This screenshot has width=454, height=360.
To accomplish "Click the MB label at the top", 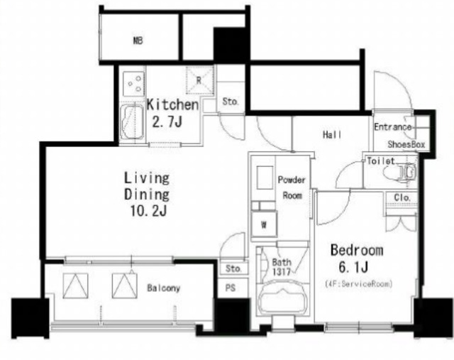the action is (138, 40).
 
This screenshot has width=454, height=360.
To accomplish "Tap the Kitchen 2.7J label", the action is (172, 113).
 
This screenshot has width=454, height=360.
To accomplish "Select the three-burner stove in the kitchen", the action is (133, 84).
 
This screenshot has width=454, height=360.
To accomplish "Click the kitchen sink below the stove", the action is (132, 121).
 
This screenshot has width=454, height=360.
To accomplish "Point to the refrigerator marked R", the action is (200, 80).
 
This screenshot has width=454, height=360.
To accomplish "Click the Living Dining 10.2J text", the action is (147, 195).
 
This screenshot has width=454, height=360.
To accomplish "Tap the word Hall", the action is (332, 134).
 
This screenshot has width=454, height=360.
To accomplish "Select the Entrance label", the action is (392, 127).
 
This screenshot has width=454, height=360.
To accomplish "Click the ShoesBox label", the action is (406, 144).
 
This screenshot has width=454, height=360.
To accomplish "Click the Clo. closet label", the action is (402, 197).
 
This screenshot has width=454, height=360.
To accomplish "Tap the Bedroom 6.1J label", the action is (357, 258).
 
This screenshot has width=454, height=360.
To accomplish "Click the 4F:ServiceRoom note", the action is (358, 283).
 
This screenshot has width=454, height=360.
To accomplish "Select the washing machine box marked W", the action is (264, 224).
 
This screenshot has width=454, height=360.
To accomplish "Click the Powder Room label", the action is (292, 187).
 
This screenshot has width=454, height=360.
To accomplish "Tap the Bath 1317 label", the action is (282, 267).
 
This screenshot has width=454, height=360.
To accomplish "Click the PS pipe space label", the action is (231, 288).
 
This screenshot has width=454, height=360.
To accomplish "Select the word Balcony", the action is (164, 288).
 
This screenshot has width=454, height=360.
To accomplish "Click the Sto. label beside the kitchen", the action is (230, 102).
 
